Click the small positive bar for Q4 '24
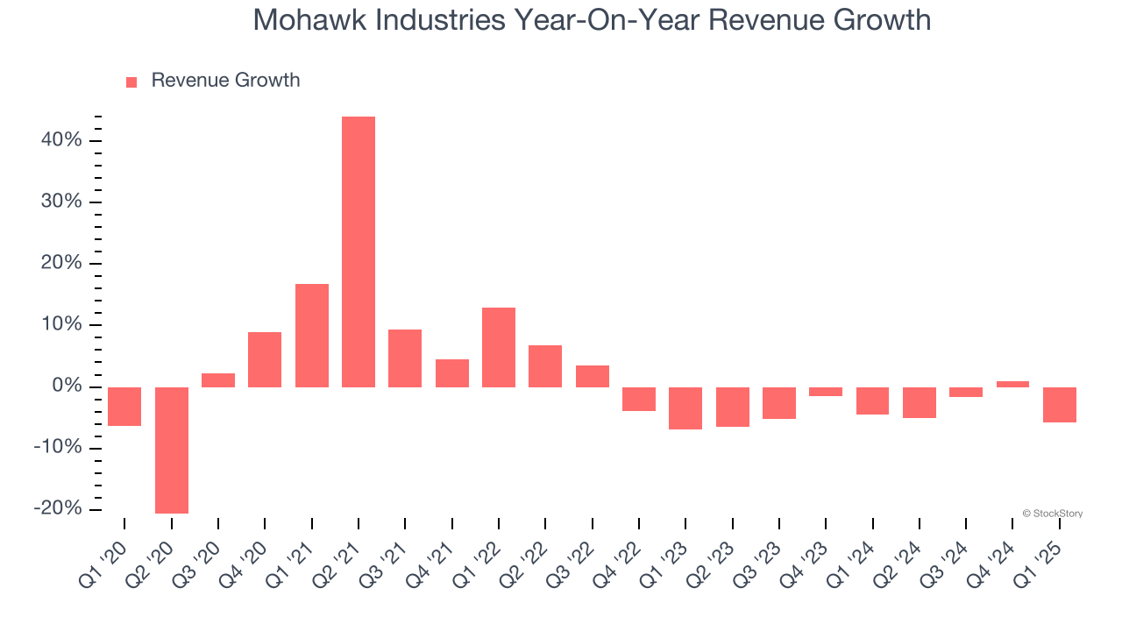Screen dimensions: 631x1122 tap(1012, 384)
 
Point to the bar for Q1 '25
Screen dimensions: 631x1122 tap(1060, 404)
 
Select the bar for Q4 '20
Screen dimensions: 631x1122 tap(265, 359)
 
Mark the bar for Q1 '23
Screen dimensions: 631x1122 tap(685, 408)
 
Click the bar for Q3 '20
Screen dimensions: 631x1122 tap(218, 379)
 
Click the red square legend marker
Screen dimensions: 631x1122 tap(131, 82)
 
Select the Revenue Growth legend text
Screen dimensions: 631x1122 tap(225, 81)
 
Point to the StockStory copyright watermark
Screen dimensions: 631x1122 tap(1053, 514)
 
